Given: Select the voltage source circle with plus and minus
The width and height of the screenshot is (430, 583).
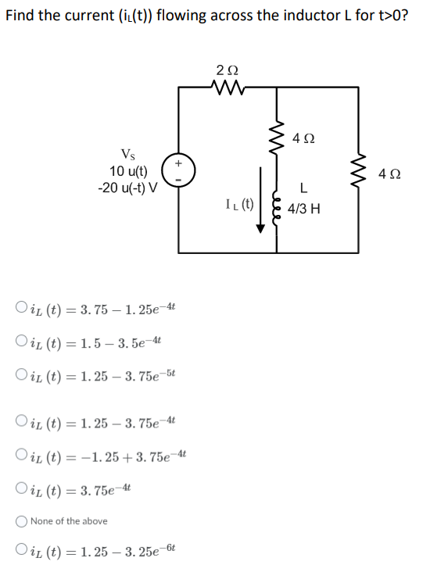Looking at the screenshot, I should (177, 172).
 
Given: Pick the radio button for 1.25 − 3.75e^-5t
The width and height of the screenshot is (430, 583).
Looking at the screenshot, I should (20, 374).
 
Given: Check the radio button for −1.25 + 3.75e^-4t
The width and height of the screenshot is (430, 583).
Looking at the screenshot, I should (20, 456).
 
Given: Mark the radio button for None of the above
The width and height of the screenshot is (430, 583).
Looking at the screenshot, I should (20, 521).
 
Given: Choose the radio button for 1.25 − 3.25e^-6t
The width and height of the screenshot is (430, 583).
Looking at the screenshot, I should (20, 553).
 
